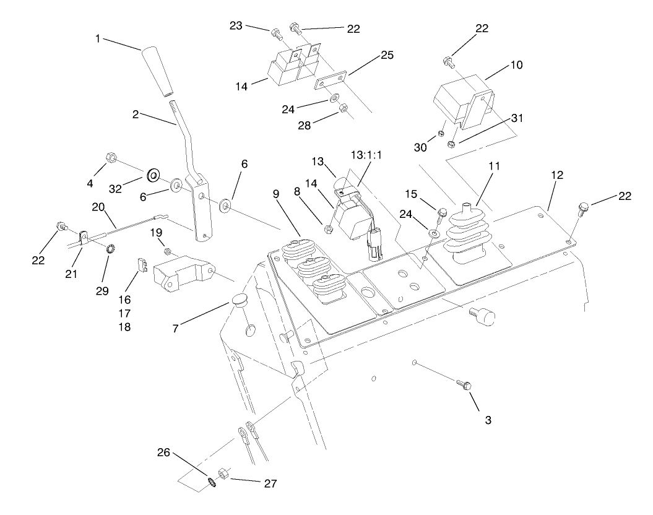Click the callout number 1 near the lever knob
pos(98,39)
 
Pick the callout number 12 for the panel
pos(556,175)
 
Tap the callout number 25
pos(387,56)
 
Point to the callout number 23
pos(235,26)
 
